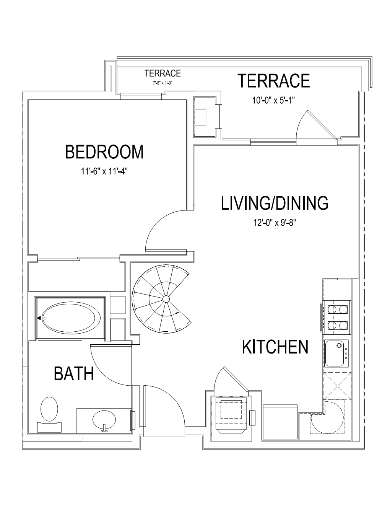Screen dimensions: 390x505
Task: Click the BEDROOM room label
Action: [104, 152]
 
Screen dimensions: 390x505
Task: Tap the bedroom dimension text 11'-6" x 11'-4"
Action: [104, 171]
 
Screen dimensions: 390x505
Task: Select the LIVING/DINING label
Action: [274, 204]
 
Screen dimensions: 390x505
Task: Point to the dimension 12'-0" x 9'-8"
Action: [274, 223]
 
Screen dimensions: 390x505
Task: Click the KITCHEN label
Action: [275, 347]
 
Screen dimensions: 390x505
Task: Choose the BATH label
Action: [74, 374]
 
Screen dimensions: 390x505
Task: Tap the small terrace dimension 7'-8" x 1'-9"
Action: [163, 83]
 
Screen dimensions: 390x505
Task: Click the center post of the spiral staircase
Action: [166, 299]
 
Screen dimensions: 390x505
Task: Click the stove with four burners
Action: [336, 318]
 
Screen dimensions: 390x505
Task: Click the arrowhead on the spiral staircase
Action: [177, 313]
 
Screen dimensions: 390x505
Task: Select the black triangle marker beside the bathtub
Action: [39, 318]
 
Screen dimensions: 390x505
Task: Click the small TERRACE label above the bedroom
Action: [162, 73]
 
